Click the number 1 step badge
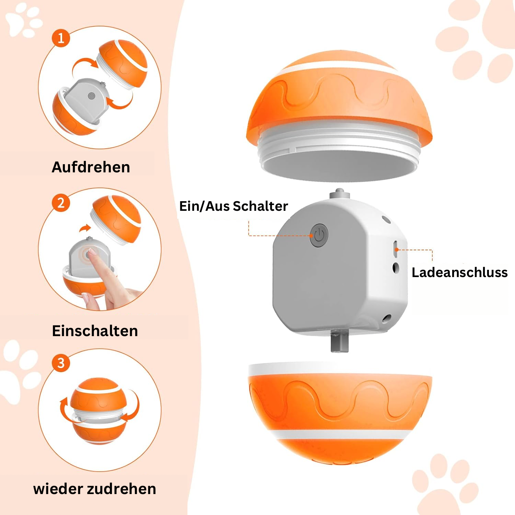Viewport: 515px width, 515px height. (x=61, y=38)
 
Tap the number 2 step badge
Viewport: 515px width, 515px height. (x=61, y=203)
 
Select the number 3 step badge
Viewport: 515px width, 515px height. (x=61, y=363)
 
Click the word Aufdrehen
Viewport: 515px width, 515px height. (x=91, y=167)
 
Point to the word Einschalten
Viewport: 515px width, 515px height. (x=95, y=331)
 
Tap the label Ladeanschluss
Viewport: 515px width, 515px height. (x=460, y=273)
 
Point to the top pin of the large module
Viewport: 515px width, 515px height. (x=340, y=194)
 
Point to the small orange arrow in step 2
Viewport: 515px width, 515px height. (x=85, y=228)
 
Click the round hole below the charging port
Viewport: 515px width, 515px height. (x=396, y=268)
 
